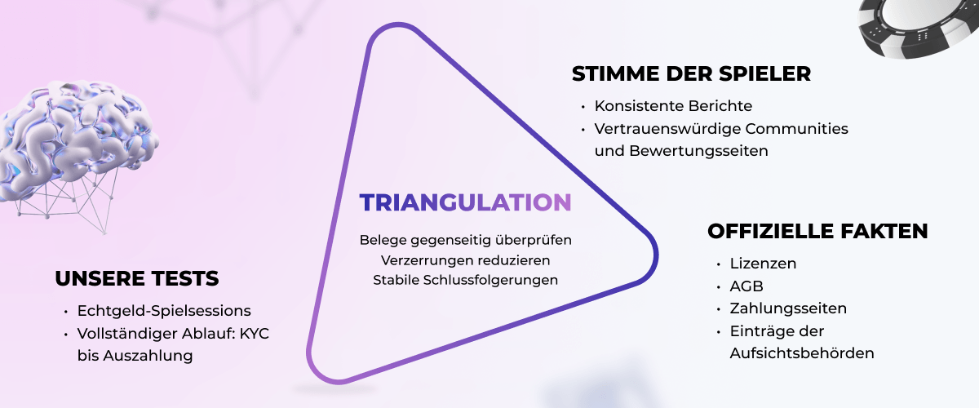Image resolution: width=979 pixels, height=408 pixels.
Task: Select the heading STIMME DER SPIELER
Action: coord(691,74)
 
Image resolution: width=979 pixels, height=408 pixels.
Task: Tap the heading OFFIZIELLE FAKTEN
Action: coord(817,232)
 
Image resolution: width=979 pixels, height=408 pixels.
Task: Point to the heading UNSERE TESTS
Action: coord(137,279)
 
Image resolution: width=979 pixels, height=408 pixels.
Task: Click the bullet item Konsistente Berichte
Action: coord(673,106)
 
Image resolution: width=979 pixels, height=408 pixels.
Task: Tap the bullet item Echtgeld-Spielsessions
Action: coord(164,311)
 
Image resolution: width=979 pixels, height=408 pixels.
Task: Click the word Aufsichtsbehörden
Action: coord(802,353)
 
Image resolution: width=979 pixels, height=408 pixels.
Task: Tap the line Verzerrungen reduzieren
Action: coord(466,260)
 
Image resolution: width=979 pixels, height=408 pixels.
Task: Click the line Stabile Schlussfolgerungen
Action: coord(466,280)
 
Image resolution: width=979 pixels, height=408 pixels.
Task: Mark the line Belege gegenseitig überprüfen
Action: coord(466,241)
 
